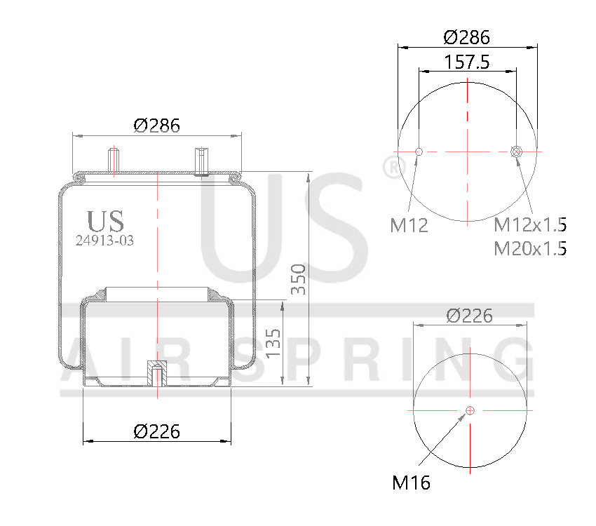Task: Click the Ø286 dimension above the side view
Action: point(156,126)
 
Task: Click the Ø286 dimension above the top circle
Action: point(467,36)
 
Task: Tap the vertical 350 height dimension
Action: point(299,279)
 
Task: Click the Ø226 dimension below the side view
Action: point(156,431)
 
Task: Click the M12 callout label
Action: point(409,225)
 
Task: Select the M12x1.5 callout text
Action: point(530,225)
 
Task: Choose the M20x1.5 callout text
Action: point(530,248)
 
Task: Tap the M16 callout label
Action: point(411,483)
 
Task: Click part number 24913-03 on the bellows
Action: point(104,239)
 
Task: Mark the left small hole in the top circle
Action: point(419,151)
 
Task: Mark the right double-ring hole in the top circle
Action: point(516,151)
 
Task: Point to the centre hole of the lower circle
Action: point(470,410)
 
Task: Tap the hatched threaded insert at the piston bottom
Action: point(156,375)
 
